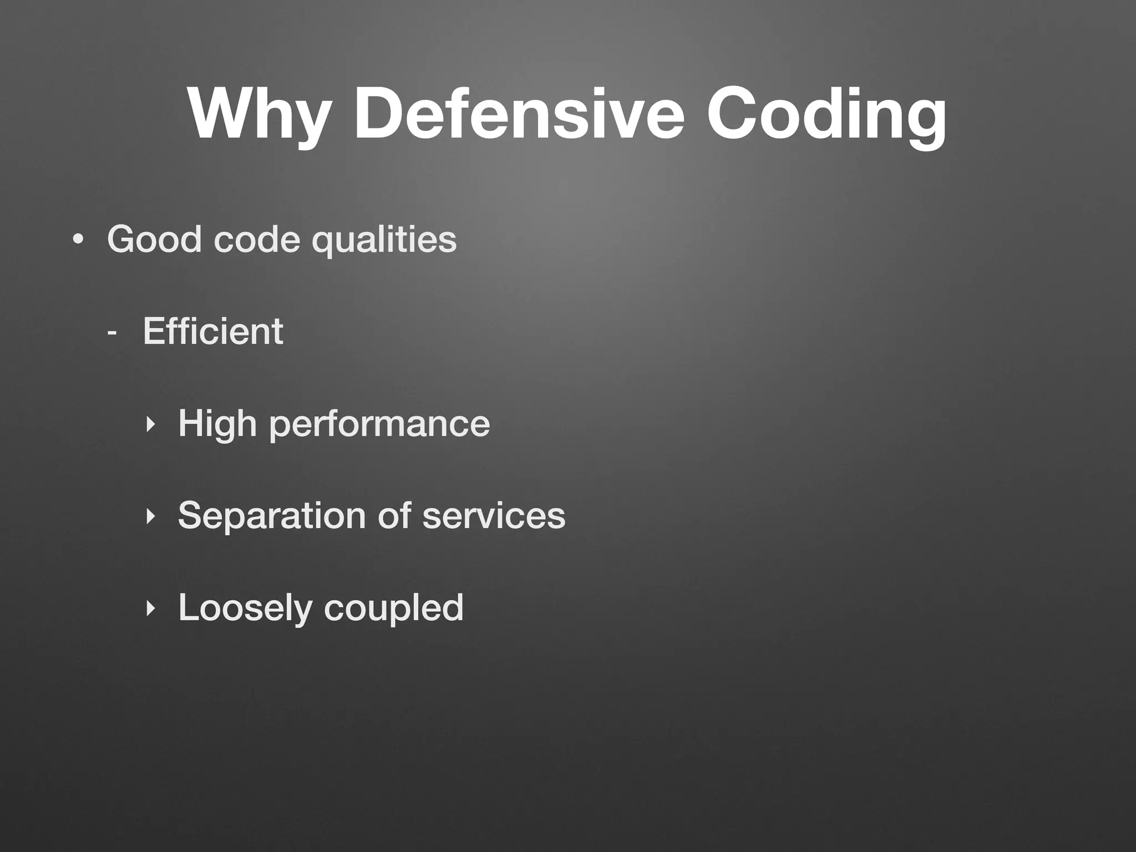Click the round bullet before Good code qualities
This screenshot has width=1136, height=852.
(x=78, y=240)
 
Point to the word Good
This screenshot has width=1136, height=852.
(x=154, y=239)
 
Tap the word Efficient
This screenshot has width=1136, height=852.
(x=213, y=331)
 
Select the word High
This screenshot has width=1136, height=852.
(x=217, y=424)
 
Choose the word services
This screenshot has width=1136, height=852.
(x=494, y=516)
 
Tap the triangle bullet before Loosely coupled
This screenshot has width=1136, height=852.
(x=149, y=608)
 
